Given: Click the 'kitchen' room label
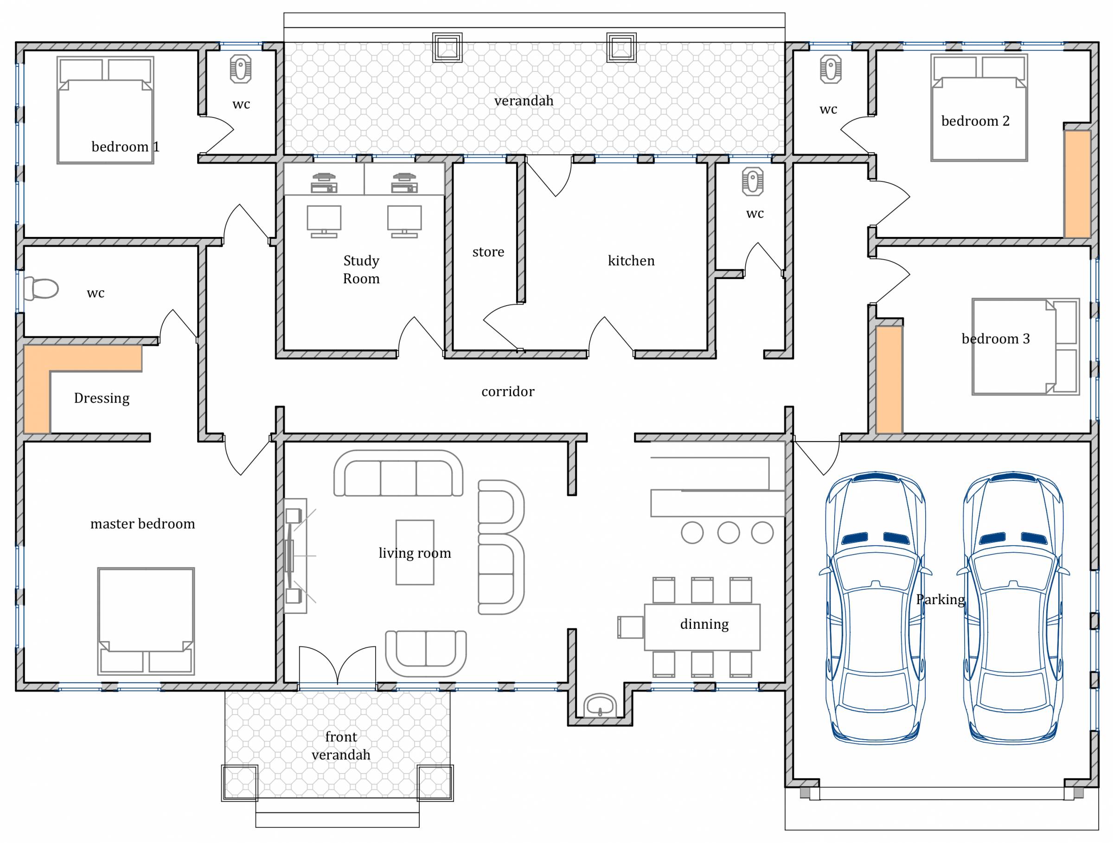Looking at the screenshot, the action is [631, 261].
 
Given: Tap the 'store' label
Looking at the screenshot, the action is [488, 251].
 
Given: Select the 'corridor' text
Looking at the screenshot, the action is [508, 391].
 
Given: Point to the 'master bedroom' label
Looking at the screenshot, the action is [142, 524].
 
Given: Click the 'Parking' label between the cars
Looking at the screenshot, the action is [940, 600].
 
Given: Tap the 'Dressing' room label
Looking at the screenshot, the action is [102, 398].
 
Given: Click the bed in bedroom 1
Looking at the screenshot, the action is [105, 110].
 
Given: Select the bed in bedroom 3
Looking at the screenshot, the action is [1025, 346].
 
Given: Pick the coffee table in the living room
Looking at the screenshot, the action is [415, 552].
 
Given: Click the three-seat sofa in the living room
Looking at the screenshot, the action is [398, 473].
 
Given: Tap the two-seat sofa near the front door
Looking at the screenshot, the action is [426, 653].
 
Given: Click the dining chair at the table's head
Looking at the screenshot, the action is [630, 627].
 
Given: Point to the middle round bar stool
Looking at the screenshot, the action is [728, 533].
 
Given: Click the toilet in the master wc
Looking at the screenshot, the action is [41, 289].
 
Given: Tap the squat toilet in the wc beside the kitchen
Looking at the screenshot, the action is [752, 182].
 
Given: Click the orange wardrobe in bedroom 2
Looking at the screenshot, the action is [1077, 184].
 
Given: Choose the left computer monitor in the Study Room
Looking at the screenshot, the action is [324, 221].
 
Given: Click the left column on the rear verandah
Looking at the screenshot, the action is [448, 48].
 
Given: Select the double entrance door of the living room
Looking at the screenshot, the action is [337, 665].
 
